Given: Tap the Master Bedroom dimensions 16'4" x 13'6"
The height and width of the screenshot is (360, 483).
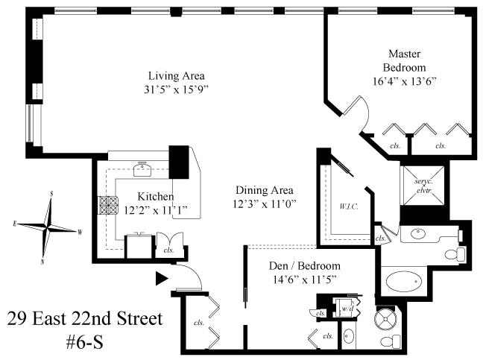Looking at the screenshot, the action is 405,81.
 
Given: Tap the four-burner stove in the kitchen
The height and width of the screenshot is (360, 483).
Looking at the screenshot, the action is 108,206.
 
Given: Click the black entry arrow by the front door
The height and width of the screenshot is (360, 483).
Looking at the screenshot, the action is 162,279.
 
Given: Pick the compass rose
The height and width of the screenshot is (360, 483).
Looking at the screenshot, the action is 47,228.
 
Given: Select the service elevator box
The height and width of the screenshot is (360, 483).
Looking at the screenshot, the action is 424,186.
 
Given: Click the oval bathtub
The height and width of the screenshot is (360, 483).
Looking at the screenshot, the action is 405,281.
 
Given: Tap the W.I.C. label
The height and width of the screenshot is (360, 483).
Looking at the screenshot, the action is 349,206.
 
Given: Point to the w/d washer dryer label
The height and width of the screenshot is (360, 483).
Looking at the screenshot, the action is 347,309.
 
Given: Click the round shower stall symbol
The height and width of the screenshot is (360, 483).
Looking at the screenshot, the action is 385,319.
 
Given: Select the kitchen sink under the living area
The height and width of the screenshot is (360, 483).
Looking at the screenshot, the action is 142,169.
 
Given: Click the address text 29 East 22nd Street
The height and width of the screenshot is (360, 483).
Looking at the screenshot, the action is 85,319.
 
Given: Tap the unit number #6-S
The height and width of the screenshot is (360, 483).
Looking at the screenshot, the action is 85,342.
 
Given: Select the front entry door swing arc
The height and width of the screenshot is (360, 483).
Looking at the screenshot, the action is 194,273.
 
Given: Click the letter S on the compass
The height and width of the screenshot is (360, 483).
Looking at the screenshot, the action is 51,193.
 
